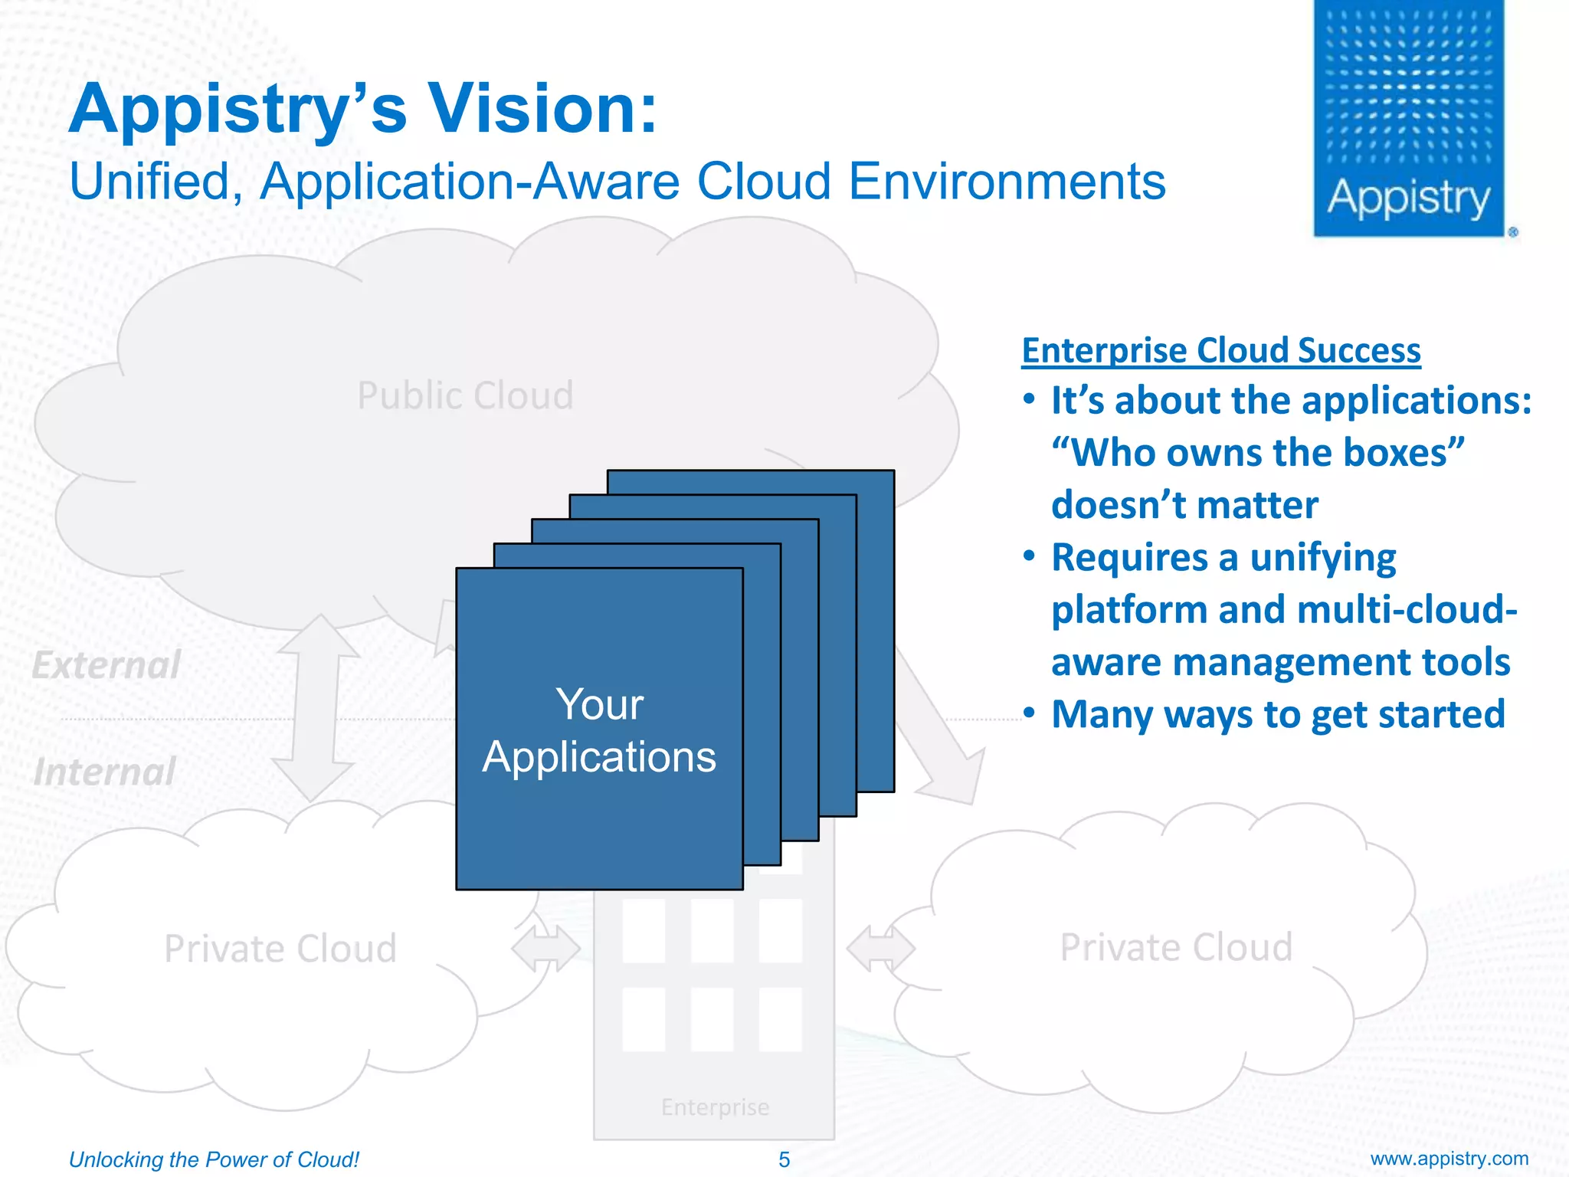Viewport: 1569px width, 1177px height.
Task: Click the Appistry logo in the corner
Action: point(1409,119)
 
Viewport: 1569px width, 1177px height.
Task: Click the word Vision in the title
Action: point(542,108)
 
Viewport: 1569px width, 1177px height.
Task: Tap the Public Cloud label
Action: point(465,396)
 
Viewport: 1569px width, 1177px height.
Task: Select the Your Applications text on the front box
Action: point(599,730)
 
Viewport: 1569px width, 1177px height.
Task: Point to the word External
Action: point(106,664)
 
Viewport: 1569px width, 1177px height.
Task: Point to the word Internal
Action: point(105,772)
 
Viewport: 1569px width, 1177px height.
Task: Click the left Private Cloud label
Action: point(280,949)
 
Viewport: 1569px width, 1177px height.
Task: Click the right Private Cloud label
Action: point(1176,947)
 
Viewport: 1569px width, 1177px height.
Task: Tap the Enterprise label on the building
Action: point(715,1107)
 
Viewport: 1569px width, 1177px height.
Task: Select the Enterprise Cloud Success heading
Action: point(1221,350)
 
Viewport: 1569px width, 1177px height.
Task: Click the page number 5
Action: point(784,1159)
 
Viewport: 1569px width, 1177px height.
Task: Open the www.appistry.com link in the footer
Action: point(1449,1159)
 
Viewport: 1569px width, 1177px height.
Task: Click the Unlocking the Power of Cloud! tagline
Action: point(214,1159)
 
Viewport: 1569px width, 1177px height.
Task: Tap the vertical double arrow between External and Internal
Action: point(316,709)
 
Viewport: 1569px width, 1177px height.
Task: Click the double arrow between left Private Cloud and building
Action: point(545,949)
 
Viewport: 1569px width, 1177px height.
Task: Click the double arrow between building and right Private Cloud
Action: point(880,949)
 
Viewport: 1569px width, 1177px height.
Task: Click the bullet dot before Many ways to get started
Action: point(1030,713)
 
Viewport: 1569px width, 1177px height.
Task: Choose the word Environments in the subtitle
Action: point(1007,182)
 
